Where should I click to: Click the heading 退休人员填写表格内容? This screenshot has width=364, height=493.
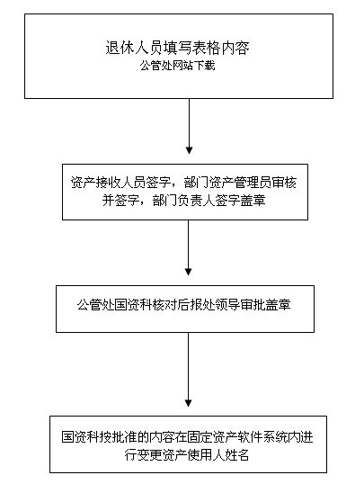(x=177, y=48)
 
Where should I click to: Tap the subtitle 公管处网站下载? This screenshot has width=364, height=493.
(x=177, y=66)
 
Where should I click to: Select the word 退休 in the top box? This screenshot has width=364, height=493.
(x=120, y=48)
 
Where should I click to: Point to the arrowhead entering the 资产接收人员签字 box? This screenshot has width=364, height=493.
(x=189, y=150)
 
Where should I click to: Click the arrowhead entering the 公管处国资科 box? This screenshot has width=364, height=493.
(x=189, y=272)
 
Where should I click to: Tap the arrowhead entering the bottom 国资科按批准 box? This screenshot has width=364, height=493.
(x=189, y=403)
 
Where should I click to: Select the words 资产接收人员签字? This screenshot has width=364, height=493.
(x=121, y=183)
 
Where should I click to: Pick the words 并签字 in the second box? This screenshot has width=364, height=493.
(x=121, y=201)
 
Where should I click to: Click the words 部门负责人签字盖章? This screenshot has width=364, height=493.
(x=209, y=201)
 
